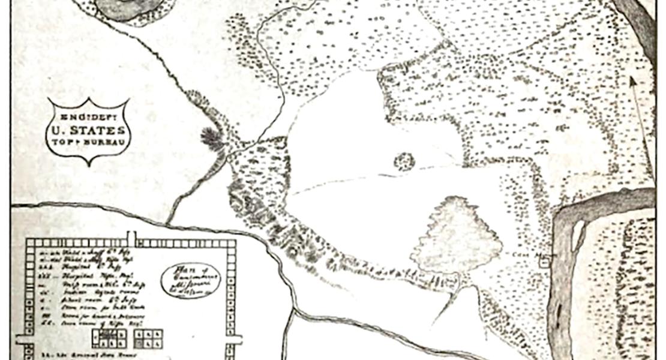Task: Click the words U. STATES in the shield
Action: point(88,130)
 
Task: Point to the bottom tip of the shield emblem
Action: point(89,164)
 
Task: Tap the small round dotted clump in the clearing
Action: point(404,161)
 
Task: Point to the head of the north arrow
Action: point(631,80)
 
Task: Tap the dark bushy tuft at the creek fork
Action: point(211,139)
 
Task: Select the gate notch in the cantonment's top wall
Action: point(131,238)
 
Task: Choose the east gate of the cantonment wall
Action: point(233,339)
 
